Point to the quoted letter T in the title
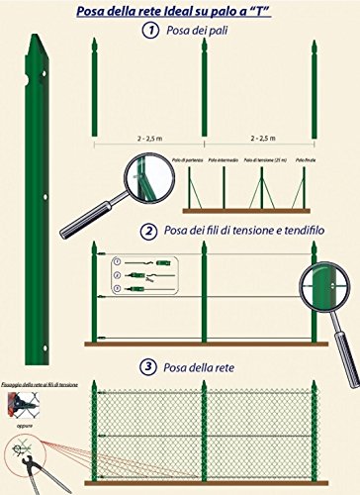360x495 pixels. (x=272, y=10)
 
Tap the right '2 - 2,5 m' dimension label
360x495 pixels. (x=259, y=128)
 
